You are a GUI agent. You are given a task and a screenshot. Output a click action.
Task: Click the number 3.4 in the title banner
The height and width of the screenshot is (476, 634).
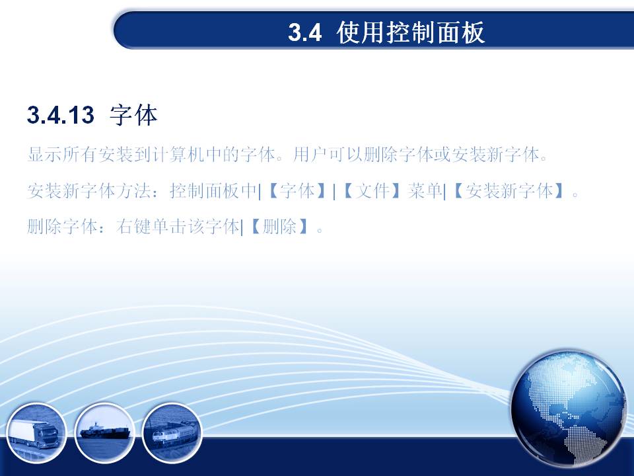(x=305, y=32)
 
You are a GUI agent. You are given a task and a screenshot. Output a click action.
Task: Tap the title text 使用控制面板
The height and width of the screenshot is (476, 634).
(x=410, y=32)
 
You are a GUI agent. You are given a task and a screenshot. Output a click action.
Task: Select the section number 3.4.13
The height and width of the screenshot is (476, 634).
(x=61, y=114)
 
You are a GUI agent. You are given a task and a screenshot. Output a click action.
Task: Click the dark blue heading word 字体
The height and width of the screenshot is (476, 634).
(x=133, y=115)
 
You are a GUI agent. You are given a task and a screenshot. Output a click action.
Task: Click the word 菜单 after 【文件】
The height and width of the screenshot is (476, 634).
(x=425, y=190)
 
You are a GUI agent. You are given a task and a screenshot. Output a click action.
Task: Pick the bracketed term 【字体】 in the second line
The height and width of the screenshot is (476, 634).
(x=297, y=190)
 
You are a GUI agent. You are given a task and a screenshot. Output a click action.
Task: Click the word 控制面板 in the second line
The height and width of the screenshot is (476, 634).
(x=205, y=190)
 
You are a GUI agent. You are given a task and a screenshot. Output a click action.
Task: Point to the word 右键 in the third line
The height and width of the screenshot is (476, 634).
(x=133, y=227)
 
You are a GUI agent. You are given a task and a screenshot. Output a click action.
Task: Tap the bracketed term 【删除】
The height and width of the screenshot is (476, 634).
(x=279, y=227)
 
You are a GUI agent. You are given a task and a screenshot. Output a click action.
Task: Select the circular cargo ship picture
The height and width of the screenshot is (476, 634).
(x=105, y=432)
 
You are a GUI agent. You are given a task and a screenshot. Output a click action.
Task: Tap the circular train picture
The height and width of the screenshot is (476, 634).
(x=172, y=432)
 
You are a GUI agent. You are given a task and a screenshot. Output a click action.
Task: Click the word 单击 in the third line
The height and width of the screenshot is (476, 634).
(x=168, y=227)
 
